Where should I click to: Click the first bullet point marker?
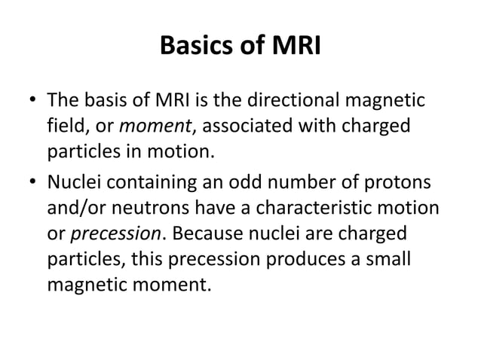[31, 100]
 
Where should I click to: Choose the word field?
[63, 127]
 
